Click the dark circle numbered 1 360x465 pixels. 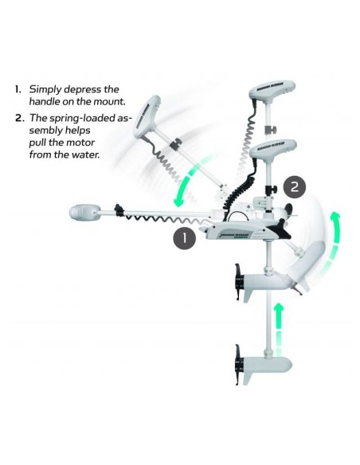coord(184,237)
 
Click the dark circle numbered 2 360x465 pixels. coord(294,187)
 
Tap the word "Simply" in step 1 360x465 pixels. coord(45,89)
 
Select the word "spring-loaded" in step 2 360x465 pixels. coord(82,118)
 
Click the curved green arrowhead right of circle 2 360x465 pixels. coord(335,217)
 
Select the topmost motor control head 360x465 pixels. coord(272,88)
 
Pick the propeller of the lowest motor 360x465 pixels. coord(238,365)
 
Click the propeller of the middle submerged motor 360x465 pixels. coord(238,282)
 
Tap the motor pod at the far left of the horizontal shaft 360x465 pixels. coord(84,213)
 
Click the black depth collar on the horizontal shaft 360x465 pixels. coord(119,210)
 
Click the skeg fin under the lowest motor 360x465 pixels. coord(248,378)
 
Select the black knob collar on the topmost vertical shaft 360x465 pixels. coord(270,130)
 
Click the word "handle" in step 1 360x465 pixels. coord(44,101)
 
